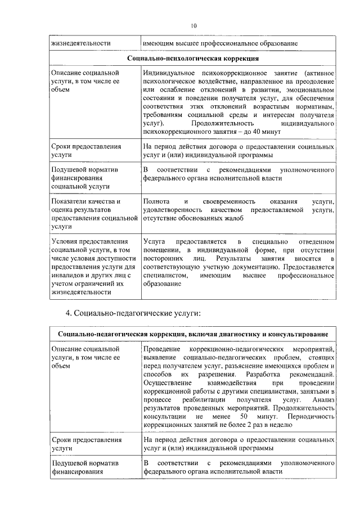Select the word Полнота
(x=156, y=201)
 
